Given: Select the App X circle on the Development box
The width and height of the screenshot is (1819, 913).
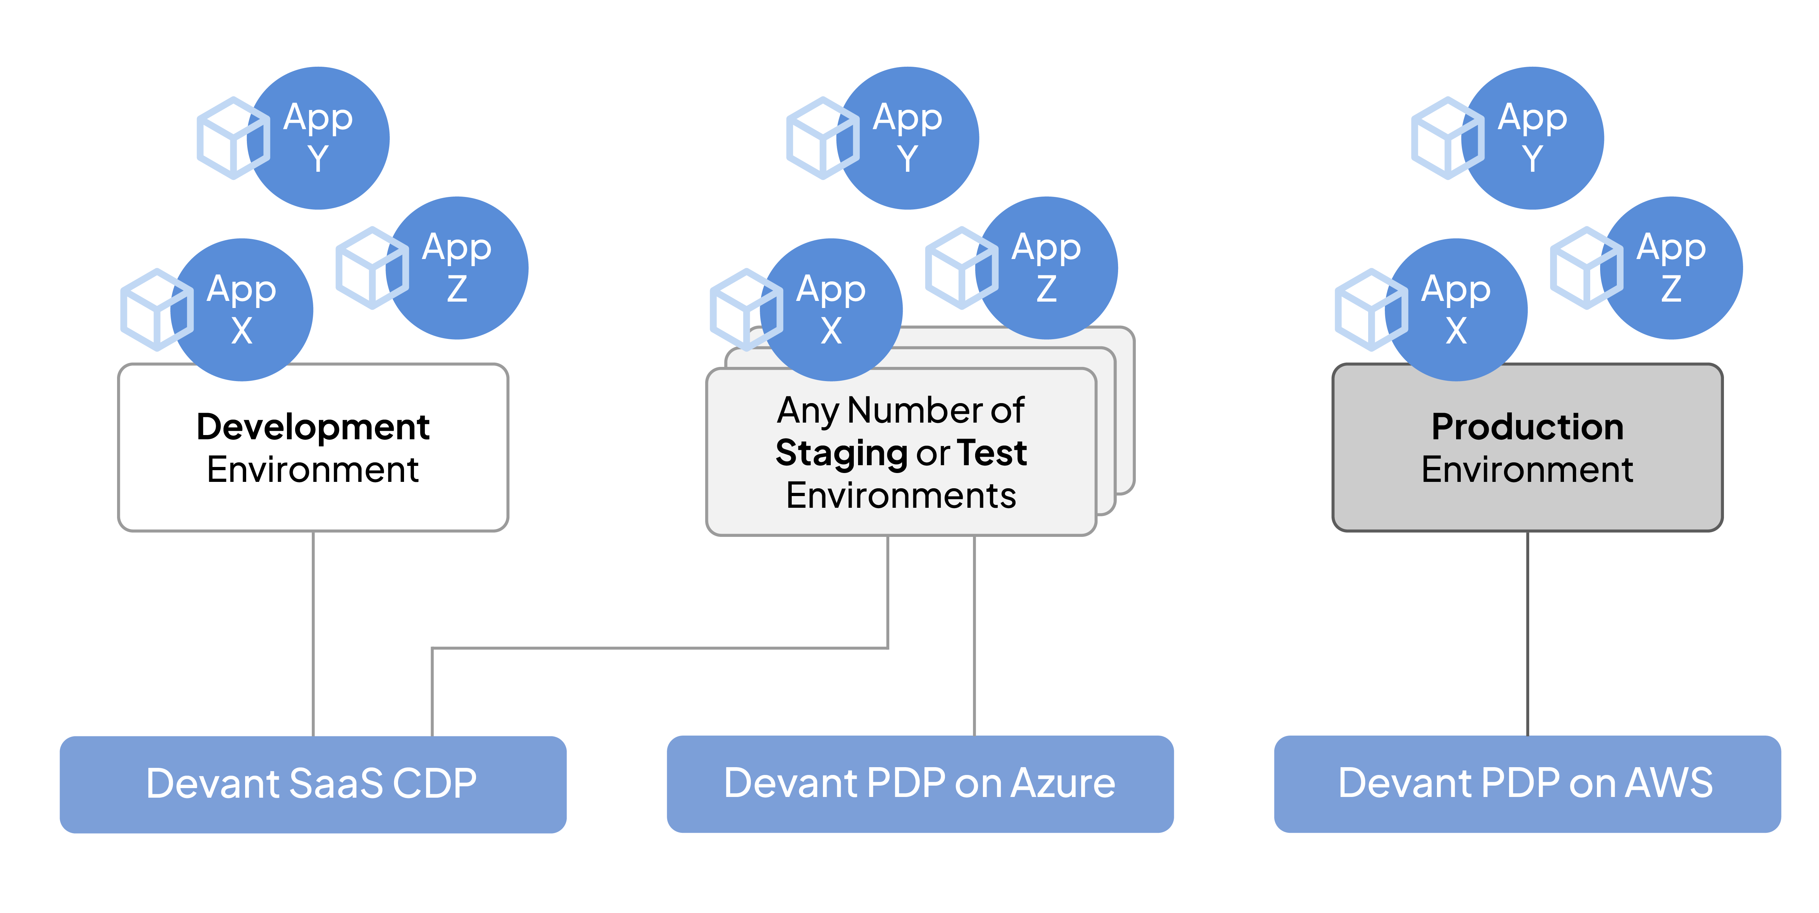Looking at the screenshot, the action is coord(242,310).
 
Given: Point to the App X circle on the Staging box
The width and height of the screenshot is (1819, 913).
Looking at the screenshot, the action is coord(831,310).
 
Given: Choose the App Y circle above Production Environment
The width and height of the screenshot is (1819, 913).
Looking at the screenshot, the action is coord(1532,138).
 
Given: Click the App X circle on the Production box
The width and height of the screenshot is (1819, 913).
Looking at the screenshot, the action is coord(1456,310).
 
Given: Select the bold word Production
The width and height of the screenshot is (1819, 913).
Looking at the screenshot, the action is coord(1527,427).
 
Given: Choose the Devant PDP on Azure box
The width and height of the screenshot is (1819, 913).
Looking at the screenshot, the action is coord(920,784).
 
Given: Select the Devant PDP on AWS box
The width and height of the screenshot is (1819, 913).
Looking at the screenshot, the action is coord(1527,784).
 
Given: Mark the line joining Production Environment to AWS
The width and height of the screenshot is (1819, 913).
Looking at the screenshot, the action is coord(1527,633).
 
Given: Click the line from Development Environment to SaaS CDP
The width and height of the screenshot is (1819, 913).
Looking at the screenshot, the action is coord(313,633).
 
